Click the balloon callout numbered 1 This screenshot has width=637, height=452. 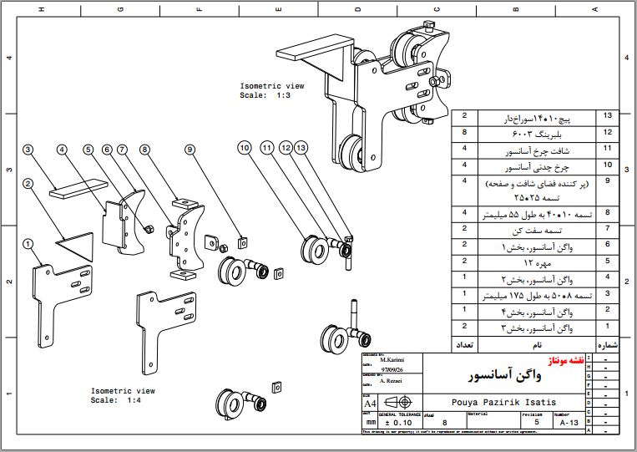(x=28, y=243)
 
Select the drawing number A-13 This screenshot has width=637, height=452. (x=569, y=423)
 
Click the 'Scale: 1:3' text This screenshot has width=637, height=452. (x=265, y=95)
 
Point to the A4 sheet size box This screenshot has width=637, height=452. (x=369, y=404)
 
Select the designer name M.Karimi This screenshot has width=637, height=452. (x=392, y=360)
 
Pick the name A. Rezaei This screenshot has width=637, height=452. (x=392, y=381)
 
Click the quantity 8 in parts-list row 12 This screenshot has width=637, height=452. (x=463, y=132)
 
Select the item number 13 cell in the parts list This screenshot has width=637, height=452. (x=607, y=116)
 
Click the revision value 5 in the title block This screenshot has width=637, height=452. (x=536, y=423)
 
